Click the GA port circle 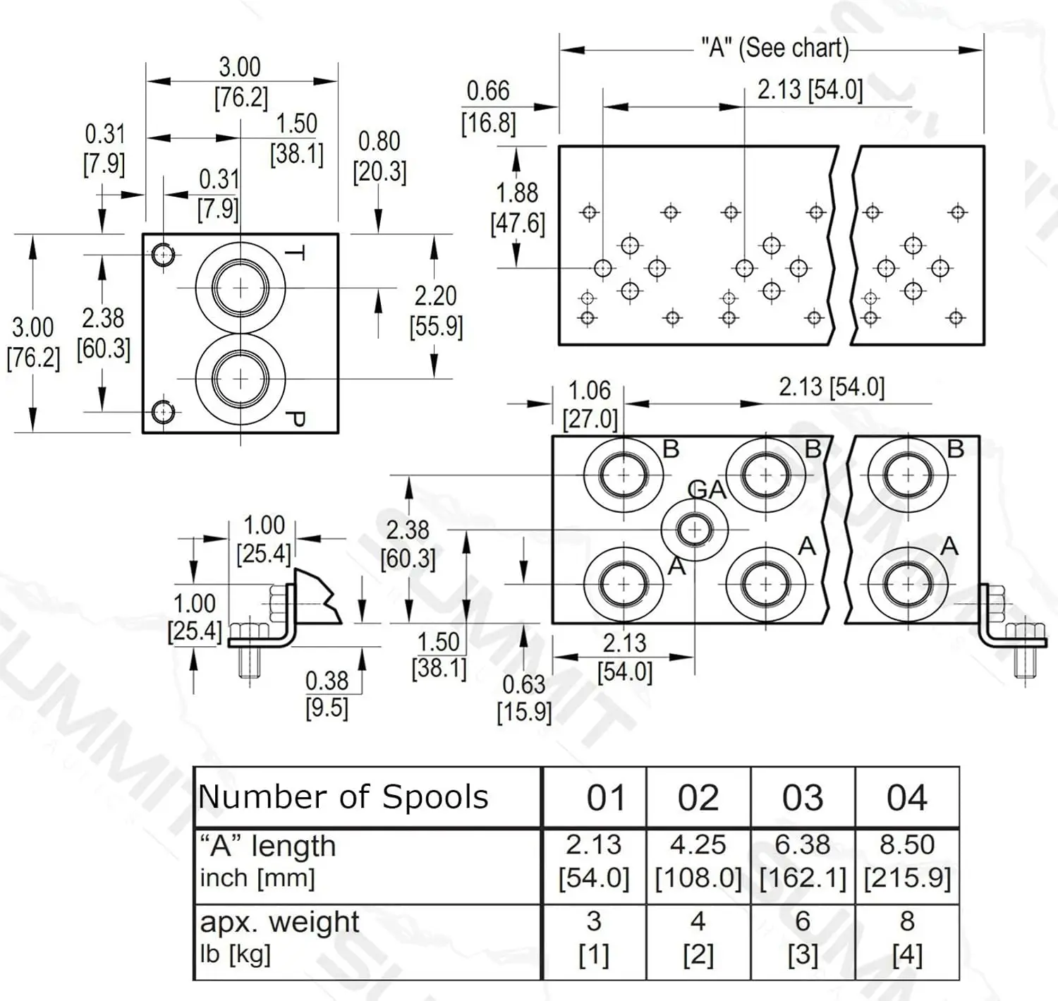(694, 530)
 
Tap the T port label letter (296, 253)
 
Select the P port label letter (296, 419)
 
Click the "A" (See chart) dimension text (775, 49)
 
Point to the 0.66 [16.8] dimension (488, 107)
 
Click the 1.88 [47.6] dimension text (517, 207)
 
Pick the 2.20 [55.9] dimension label (436, 311)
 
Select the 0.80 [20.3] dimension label (379, 157)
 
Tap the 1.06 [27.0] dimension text (590, 404)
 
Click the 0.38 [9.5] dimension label (327, 695)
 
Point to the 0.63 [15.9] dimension (524, 698)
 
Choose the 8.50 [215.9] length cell (907, 861)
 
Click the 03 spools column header (803, 798)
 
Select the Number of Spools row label (343, 796)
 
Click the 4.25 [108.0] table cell (698, 861)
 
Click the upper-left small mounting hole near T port (162, 255)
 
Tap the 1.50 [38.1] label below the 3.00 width (296, 139)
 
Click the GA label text (707, 489)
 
